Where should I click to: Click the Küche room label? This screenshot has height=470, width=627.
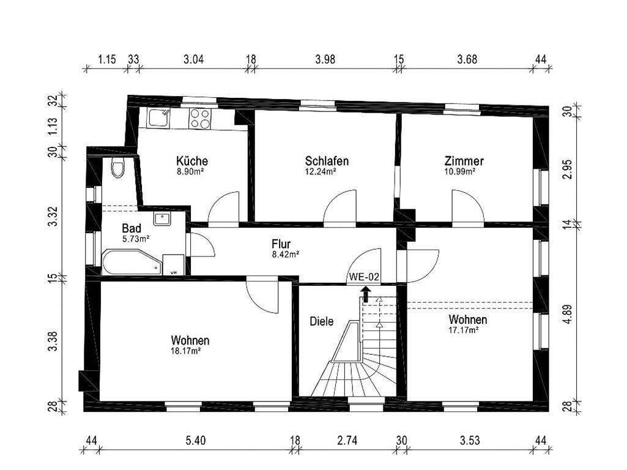point(191,162)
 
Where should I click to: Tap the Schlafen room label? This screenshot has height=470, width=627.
point(327,162)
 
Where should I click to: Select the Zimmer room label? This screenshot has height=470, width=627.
point(464,162)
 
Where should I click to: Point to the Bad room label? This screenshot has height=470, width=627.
point(132,228)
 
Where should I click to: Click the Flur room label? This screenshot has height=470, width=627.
point(282,244)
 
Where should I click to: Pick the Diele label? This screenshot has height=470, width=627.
point(321,321)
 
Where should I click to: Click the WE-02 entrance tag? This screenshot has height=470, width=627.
point(365,277)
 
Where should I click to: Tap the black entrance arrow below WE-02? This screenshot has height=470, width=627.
point(366,294)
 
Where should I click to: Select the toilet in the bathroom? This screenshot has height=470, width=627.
point(118,166)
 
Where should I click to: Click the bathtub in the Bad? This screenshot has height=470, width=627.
point(131,262)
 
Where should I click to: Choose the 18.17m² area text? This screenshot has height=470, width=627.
point(190,351)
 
